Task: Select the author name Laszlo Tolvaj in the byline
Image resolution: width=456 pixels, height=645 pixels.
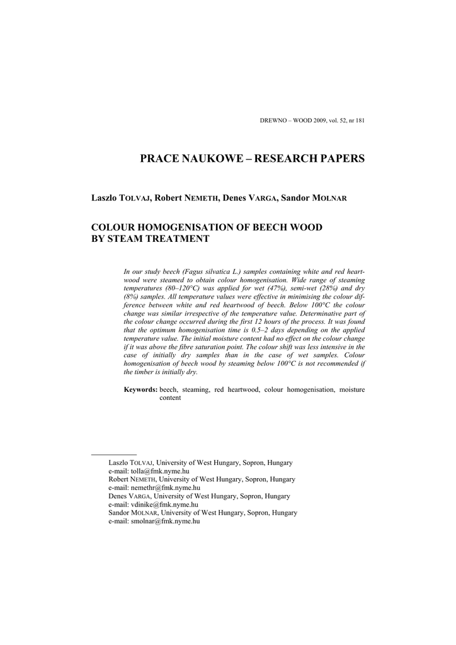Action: pos(122,198)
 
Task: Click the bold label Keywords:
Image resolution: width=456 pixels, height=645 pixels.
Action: pos(140,390)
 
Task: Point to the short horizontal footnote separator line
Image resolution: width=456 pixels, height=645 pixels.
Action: pos(114,454)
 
